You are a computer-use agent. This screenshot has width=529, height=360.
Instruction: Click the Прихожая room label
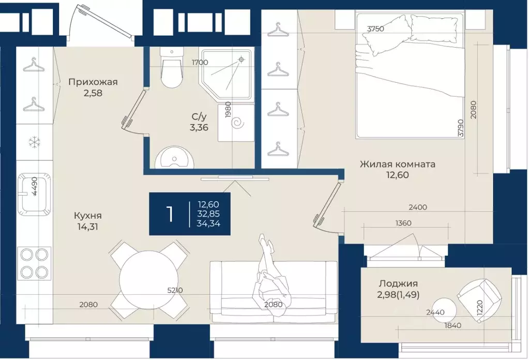[93, 82]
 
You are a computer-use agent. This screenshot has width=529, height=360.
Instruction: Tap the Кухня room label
[88, 215]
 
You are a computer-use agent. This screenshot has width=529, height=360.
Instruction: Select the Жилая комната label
[398, 164]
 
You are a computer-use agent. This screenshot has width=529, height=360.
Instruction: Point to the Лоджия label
[398, 283]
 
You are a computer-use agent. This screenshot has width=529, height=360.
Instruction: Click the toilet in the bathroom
[172, 67]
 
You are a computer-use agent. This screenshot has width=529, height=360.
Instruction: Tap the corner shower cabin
[227, 74]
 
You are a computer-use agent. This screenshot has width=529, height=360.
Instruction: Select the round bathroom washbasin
[174, 158]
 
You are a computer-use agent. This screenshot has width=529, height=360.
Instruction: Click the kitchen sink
[35, 194]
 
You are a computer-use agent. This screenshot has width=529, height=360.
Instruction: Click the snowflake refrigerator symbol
[35, 142]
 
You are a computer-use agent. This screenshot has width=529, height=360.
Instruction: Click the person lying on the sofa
[271, 275]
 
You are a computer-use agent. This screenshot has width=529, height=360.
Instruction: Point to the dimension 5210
[175, 290]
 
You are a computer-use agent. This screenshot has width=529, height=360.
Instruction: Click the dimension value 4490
[35, 187]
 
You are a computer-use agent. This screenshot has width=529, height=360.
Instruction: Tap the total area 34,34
[208, 223]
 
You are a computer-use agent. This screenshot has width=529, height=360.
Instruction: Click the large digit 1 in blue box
[170, 214]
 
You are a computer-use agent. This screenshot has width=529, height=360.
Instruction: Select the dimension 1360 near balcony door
[403, 223]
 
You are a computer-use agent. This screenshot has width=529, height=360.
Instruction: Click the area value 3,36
[199, 128]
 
